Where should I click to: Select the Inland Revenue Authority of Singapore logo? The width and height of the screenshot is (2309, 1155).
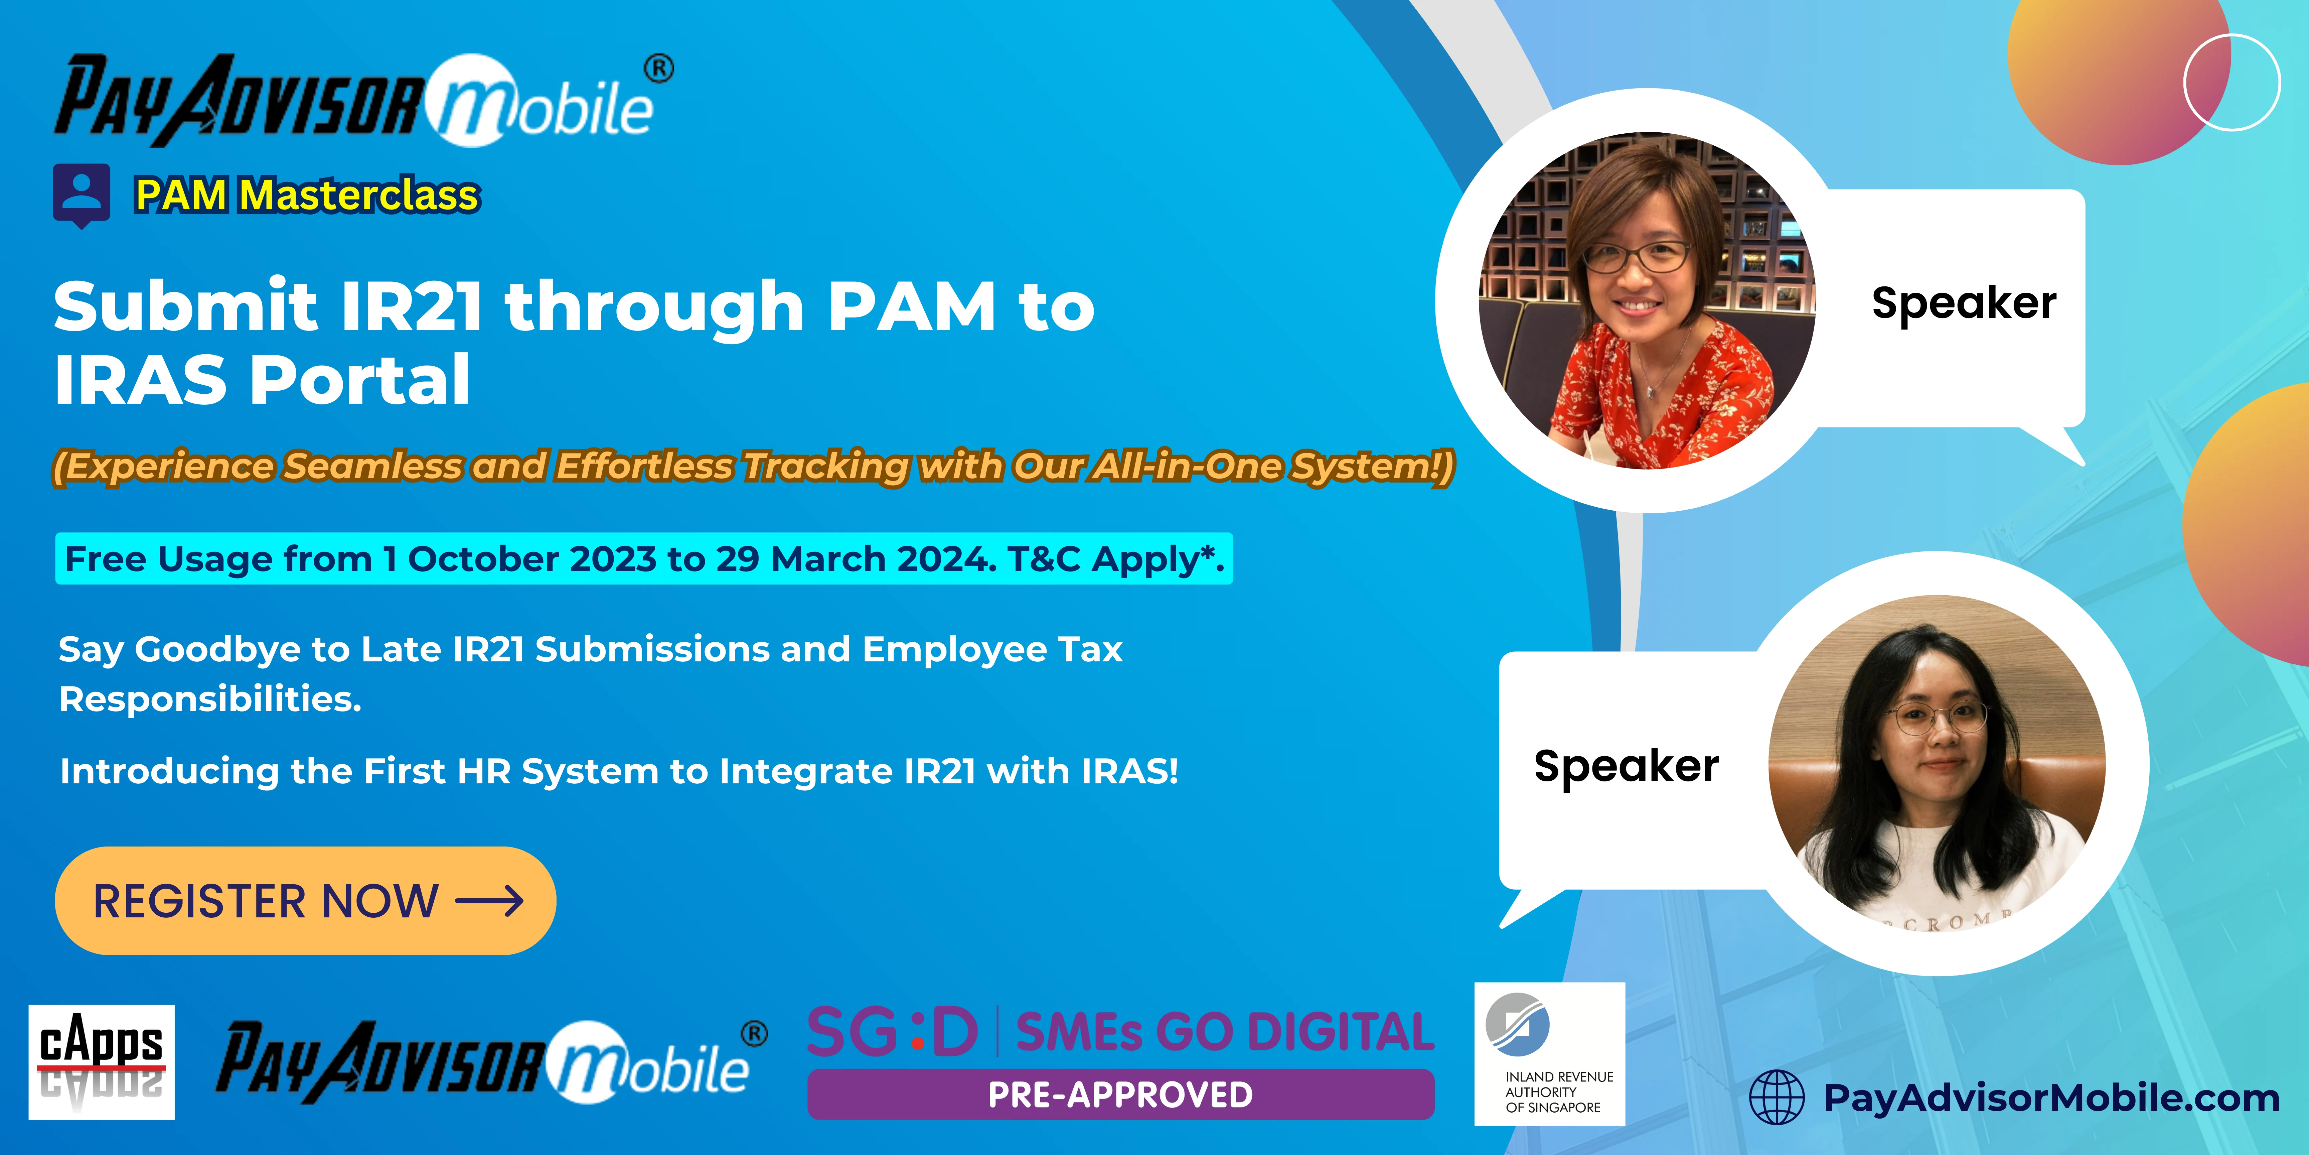[1549, 1054]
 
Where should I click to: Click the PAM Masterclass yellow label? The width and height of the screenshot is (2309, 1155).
[307, 195]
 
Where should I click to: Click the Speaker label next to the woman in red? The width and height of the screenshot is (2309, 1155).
[1963, 303]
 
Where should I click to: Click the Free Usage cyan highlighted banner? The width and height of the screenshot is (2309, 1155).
[644, 559]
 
